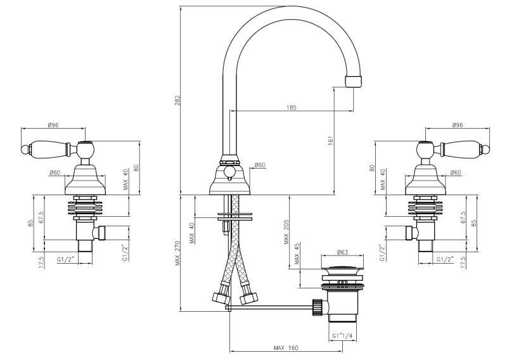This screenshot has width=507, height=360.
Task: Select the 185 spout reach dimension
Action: [291, 108]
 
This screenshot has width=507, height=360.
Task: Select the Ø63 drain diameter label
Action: [342, 252]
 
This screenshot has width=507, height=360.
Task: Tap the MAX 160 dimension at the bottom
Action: [286, 348]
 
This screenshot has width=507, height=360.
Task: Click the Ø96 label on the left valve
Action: [53, 125]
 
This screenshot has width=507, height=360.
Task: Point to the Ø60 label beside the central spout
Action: [260, 165]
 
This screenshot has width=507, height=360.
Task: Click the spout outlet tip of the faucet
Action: [355, 80]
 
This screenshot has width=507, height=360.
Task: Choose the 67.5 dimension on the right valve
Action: [463, 217]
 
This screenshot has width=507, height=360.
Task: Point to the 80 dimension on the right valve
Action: [372, 169]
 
